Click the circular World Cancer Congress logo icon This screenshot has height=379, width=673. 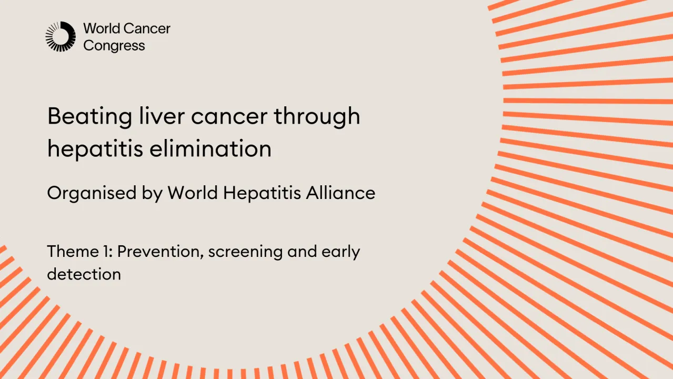pyautogui.click(x=61, y=36)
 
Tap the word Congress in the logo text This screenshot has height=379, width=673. pyautogui.click(x=114, y=46)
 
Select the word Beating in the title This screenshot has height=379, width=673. pyautogui.click(x=89, y=116)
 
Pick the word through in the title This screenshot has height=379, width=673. pyautogui.click(x=317, y=116)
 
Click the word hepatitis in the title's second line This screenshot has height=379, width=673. pyautogui.click(x=95, y=149)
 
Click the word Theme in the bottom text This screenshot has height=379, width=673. pyautogui.click(x=71, y=252)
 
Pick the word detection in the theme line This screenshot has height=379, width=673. pyautogui.click(x=84, y=274)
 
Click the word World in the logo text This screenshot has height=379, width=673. pyautogui.click(x=101, y=28)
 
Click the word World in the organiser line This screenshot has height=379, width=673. pyautogui.click(x=193, y=193)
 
